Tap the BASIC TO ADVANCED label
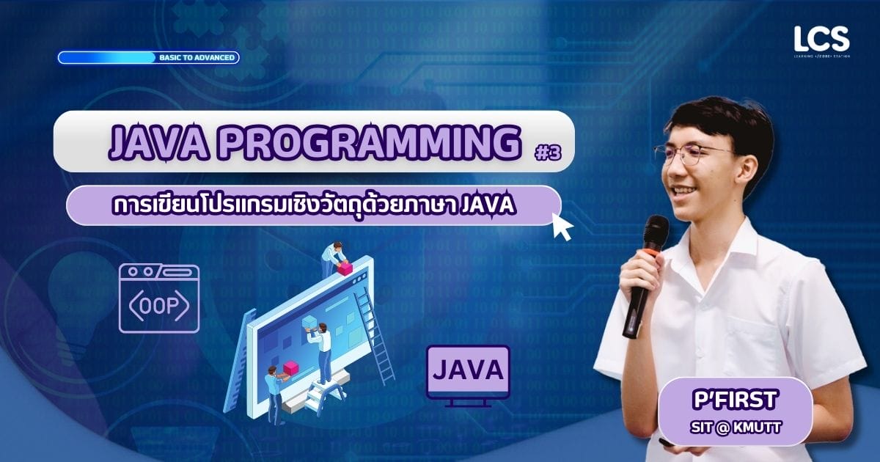[x=197, y=58]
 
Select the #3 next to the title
[x=548, y=153]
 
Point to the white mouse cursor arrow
[x=562, y=227]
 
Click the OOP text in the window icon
[x=159, y=306]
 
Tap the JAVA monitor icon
[x=468, y=375]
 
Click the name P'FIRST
[x=735, y=400]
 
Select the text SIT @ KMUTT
[x=736, y=428]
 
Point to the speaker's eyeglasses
[x=694, y=155]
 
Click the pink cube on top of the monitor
[x=345, y=268]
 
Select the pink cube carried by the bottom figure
[x=291, y=368]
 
